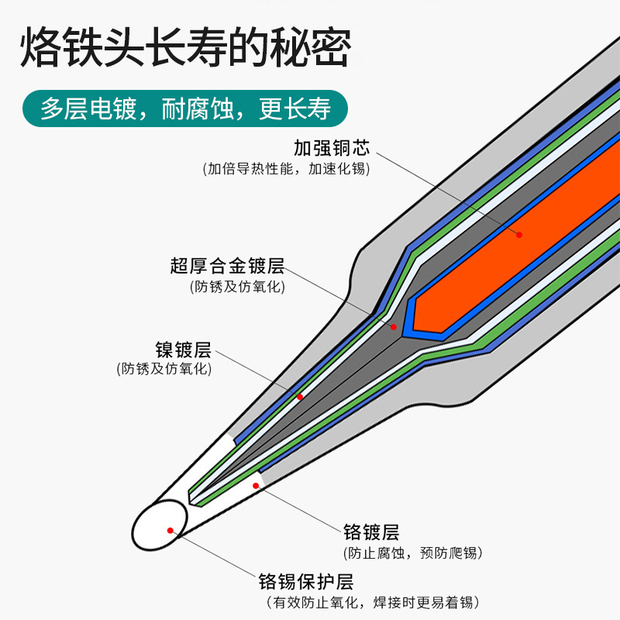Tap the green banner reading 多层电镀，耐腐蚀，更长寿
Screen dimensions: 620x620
click(x=185, y=108)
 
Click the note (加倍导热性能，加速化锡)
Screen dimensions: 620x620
click(x=286, y=168)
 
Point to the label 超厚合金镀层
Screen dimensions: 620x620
click(x=227, y=267)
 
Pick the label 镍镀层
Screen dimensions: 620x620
click(x=183, y=350)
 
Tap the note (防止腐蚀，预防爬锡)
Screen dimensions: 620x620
click(x=412, y=553)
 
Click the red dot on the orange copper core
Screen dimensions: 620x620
click(x=519, y=234)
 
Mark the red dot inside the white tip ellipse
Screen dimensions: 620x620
click(x=170, y=531)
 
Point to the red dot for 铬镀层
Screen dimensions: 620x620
click(x=255, y=486)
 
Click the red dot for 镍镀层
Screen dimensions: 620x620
click(x=300, y=397)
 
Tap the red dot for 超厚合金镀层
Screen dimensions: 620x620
click(x=393, y=327)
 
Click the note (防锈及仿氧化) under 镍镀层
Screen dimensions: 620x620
click(x=164, y=369)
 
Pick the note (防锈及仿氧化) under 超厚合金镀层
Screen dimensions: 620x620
click(x=238, y=287)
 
